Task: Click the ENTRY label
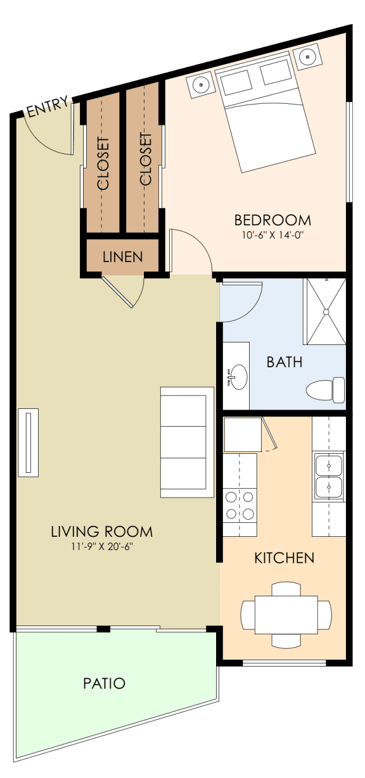(47, 109)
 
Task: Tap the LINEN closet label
(123, 257)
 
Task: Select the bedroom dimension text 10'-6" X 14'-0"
(272, 234)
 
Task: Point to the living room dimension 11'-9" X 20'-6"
(102, 546)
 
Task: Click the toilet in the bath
(325, 389)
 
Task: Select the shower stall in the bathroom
(325, 311)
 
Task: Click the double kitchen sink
(328, 475)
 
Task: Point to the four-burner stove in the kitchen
(240, 505)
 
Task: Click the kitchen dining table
(286, 614)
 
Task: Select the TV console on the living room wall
(28, 442)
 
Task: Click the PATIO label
(104, 684)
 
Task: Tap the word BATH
(284, 363)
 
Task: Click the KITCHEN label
(284, 558)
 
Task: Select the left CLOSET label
(103, 164)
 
